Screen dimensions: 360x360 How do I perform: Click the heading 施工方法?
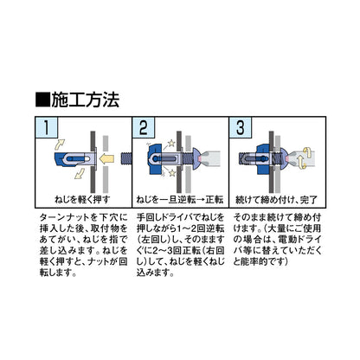85,100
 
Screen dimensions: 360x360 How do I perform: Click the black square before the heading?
43,100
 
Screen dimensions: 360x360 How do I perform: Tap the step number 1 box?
47,127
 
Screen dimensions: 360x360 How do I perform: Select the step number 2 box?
144,127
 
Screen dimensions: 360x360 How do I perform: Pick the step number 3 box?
241,127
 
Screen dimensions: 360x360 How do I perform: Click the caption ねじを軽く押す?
82,200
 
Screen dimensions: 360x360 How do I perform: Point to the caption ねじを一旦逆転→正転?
180,200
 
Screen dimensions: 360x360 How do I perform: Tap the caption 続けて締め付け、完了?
277,200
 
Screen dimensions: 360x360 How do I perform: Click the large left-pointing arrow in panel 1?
106,159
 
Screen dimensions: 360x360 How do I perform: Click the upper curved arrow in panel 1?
60,144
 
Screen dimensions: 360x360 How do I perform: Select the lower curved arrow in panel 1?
80,174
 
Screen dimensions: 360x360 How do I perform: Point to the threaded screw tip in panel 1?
125,159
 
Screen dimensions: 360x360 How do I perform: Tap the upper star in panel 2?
171,143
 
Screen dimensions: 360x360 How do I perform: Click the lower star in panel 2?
172,173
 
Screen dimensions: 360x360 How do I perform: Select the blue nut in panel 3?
262,159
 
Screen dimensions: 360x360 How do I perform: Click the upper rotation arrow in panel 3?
308,152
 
